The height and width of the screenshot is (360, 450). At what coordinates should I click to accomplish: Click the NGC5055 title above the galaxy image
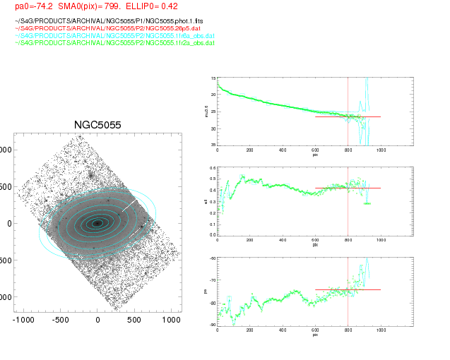pyautogui.click(x=97, y=125)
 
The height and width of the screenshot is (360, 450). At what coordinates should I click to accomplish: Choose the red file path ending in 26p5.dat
pyautogui.click(x=93, y=28)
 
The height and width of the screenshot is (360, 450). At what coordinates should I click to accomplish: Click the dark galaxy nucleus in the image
pyautogui.click(x=97, y=223)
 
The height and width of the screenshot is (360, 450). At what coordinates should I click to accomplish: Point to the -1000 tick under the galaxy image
pyautogui.click(x=23, y=320)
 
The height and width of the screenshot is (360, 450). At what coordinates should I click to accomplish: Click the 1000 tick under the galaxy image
pyautogui.click(x=171, y=320)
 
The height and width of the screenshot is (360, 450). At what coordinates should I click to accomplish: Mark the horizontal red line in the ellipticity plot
pyautogui.click(x=348, y=188)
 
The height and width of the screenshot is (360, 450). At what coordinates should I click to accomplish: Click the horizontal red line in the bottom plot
pyautogui.click(x=348, y=289)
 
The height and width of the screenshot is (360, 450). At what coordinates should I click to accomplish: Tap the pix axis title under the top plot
pyautogui.click(x=315, y=155)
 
